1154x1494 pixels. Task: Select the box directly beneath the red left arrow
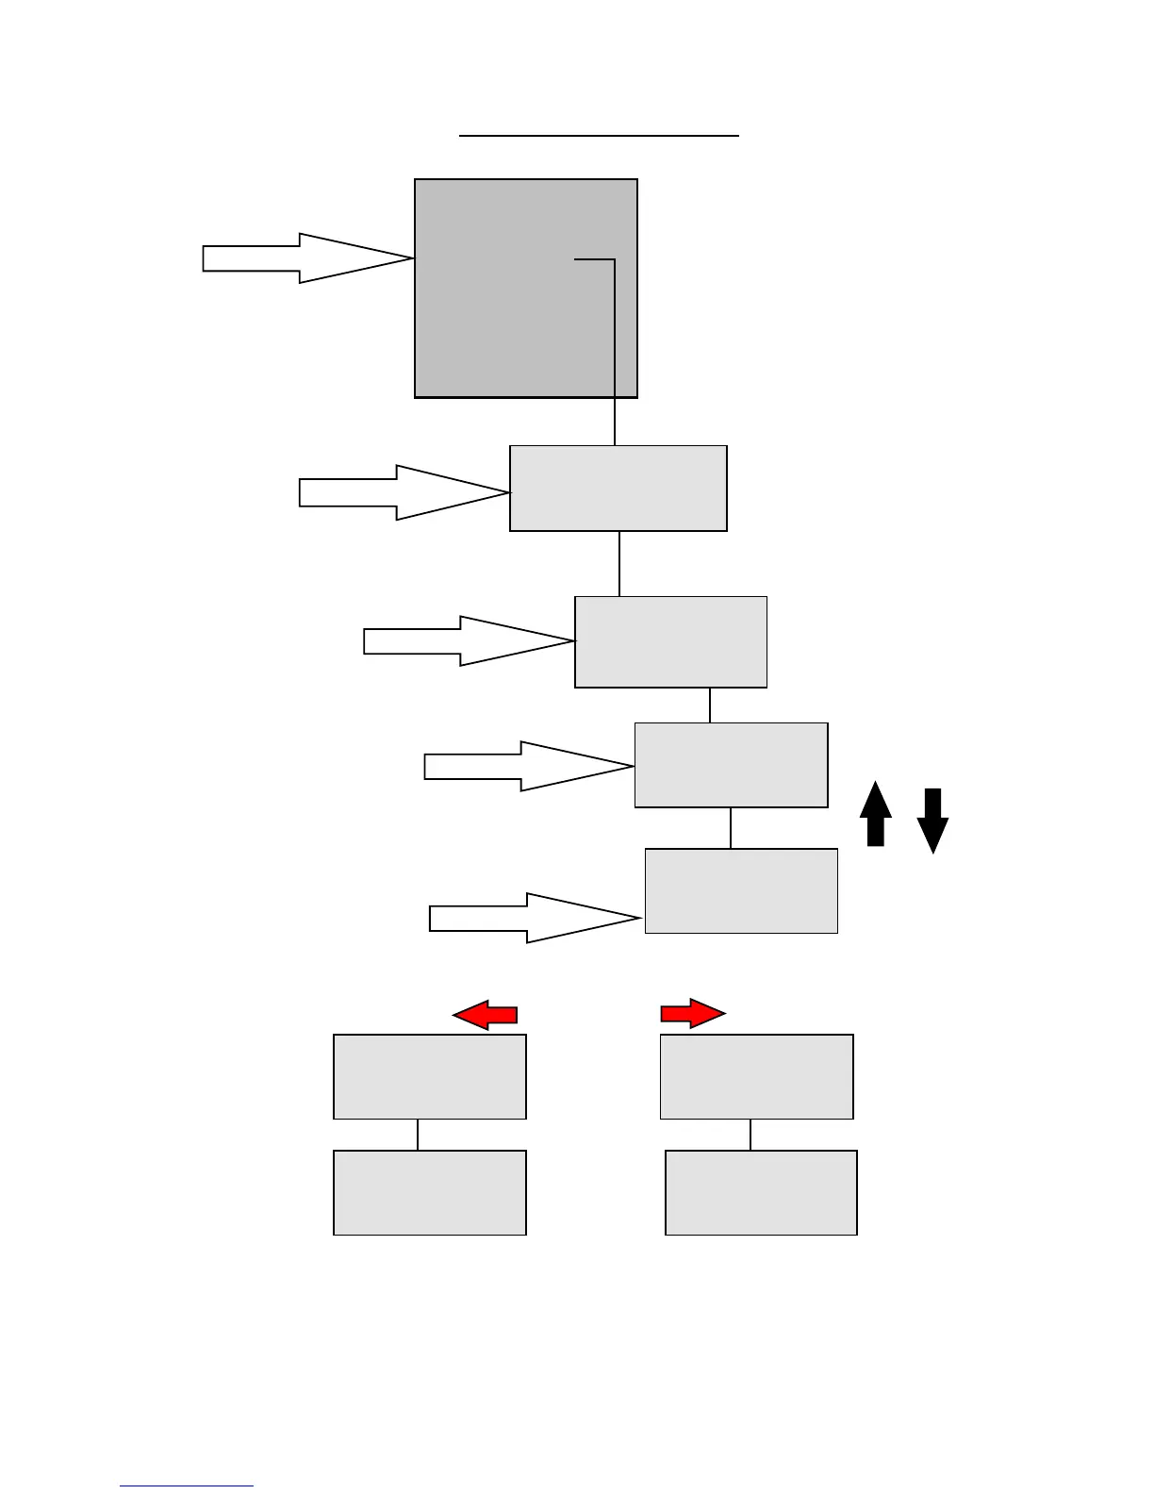click(x=430, y=1076)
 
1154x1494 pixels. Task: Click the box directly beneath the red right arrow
click(x=756, y=1076)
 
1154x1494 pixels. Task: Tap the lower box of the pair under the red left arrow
click(x=430, y=1192)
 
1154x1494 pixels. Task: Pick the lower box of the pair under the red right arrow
click(x=761, y=1192)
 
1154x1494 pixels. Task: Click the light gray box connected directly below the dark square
click(x=618, y=488)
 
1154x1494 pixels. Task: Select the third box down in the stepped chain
click(x=670, y=641)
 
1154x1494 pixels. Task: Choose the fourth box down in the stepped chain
click(x=731, y=765)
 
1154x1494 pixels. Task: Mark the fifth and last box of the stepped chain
click(x=741, y=890)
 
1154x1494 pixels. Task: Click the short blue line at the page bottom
click(x=186, y=1486)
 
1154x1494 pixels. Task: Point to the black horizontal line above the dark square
click(x=599, y=136)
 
